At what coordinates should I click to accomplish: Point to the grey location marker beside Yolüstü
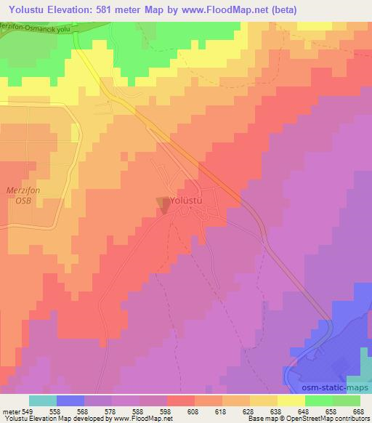click(163, 206)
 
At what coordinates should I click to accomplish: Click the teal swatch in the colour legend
click(43, 400)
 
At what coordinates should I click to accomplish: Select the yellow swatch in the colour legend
click(291, 400)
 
